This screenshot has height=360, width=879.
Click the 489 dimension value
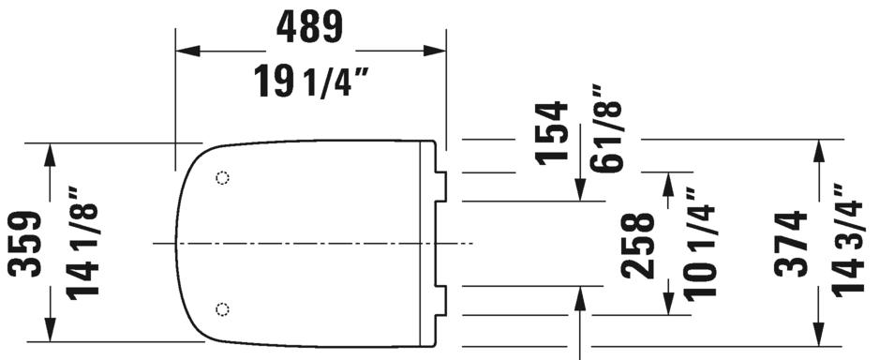pyautogui.click(x=309, y=27)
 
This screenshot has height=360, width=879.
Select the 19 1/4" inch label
pyautogui.click(x=311, y=82)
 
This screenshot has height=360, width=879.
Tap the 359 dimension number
pyautogui.click(x=24, y=244)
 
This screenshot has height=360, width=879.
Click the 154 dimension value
pyautogui.click(x=552, y=133)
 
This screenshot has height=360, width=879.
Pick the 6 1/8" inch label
pyautogui.click(x=606, y=129)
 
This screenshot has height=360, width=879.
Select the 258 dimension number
pyautogui.click(x=638, y=247)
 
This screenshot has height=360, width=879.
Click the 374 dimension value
pyautogui.click(x=791, y=244)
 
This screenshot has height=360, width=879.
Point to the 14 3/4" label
pyautogui.click(x=848, y=240)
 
